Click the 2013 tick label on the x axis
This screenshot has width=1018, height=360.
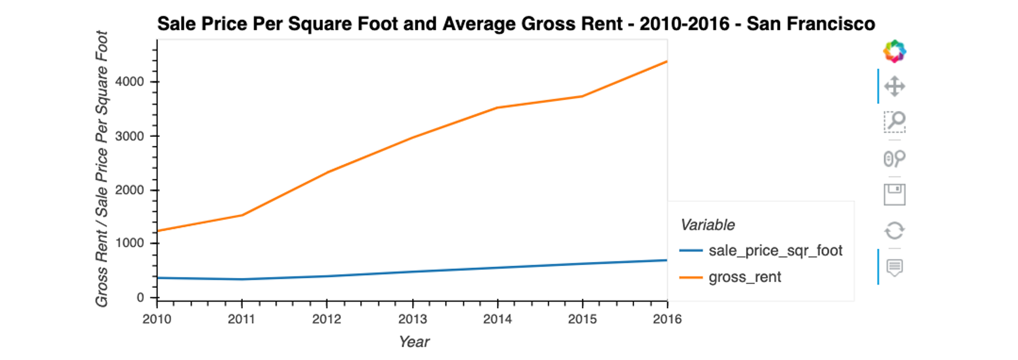pyautogui.click(x=412, y=319)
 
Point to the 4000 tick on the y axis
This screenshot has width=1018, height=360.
pyautogui.click(x=129, y=82)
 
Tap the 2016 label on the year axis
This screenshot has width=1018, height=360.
pyautogui.click(x=667, y=319)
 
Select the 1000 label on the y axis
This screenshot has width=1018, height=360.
pyautogui.click(x=129, y=243)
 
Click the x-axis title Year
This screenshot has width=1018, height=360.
pyautogui.click(x=414, y=342)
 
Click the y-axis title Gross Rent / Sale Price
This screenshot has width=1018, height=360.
pyautogui.click(x=102, y=169)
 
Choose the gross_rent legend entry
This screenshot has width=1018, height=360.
pyautogui.click(x=744, y=277)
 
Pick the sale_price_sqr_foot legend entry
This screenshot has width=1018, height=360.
pyautogui.click(x=775, y=251)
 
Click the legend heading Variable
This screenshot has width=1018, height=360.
pyautogui.click(x=707, y=225)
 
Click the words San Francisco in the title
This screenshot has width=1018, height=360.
pyautogui.click(x=811, y=24)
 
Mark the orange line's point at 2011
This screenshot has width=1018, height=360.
pyautogui.click(x=242, y=215)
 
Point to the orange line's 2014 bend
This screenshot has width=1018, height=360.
pyautogui.click(x=497, y=108)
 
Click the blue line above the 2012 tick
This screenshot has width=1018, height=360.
pyautogui.click(x=327, y=276)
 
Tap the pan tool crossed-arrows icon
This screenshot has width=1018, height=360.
pyautogui.click(x=894, y=86)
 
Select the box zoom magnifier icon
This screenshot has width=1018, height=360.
pyautogui.click(x=894, y=122)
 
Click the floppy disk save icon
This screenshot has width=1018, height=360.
pyautogui.click(x=894, y=195)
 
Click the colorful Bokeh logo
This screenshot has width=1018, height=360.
pyautogui.click(x=894, y=51)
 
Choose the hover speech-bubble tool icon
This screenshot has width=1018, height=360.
pyautogui.click(x=894, y=267)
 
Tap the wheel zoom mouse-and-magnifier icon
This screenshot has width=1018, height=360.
pyautogui.click(x=894, y=159)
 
